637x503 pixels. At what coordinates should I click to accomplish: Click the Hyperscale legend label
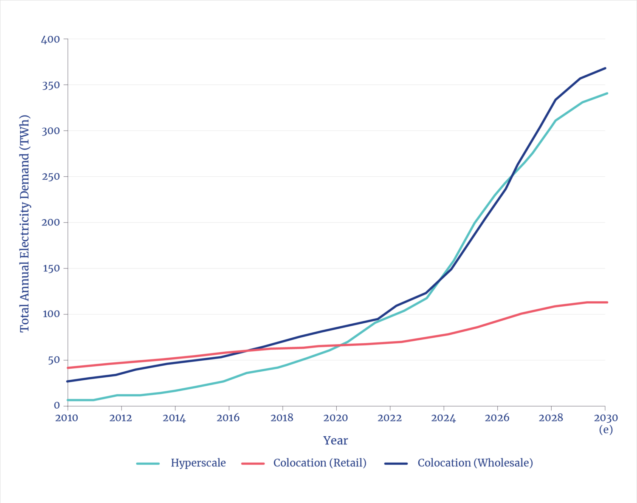[198, 463]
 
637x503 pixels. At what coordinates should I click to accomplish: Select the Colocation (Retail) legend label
[320, 463]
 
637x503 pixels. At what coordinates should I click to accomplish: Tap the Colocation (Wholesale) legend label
[475, 463]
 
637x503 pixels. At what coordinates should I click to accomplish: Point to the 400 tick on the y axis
[50, 39]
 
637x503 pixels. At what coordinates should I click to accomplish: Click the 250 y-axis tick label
[50, 176]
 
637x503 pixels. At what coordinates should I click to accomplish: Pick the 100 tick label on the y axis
[50, 314]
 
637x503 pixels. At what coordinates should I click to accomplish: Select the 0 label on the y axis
[57, 406]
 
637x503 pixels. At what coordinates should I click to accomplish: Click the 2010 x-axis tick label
[67, 418]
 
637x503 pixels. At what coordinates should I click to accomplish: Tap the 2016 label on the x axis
[228, 418]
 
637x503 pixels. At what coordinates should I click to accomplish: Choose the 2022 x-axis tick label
[389, 418]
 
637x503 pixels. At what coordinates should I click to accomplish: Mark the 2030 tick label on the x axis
[606, 418]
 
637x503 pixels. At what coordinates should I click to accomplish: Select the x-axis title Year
[335, 441]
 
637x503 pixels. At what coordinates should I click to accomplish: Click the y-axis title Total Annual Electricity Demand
[25, 223]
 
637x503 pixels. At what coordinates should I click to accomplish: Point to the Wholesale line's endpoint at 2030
[605, 68]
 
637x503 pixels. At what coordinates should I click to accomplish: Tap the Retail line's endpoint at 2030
[607, 302]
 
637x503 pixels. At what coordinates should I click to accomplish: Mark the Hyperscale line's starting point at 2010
[68, 400]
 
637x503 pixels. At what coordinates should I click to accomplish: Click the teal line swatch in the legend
[148, 463]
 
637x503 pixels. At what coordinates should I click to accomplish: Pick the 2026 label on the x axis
[497, 418]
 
